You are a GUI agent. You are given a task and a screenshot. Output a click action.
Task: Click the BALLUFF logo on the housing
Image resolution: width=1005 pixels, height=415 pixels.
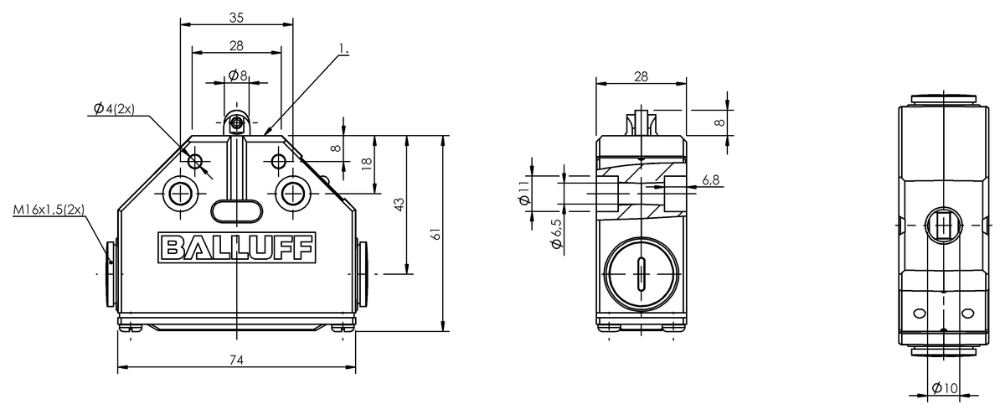pos(236,247)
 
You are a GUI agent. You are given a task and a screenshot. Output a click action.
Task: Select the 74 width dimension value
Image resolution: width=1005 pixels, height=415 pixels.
pos(236,360)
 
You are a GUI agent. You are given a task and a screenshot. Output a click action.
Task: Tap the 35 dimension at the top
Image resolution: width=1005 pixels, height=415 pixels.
pos(236,18)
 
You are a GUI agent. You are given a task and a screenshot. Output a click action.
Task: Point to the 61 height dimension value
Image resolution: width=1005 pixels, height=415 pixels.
pos(435,234)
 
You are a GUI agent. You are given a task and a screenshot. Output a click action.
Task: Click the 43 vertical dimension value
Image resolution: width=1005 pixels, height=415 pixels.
pos(399,205)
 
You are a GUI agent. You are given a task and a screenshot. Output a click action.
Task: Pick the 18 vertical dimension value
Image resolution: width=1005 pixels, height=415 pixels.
pos(367,163)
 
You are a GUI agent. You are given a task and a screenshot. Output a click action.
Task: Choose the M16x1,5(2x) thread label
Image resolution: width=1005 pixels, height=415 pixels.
pos(49,210)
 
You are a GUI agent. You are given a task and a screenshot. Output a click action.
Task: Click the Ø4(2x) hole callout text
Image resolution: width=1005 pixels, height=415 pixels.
pos(114,108)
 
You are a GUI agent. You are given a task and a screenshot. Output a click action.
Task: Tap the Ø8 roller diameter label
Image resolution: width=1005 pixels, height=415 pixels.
pos(238,75)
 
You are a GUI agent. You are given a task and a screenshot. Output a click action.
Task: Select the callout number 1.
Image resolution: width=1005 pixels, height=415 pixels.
pos(343,49)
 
